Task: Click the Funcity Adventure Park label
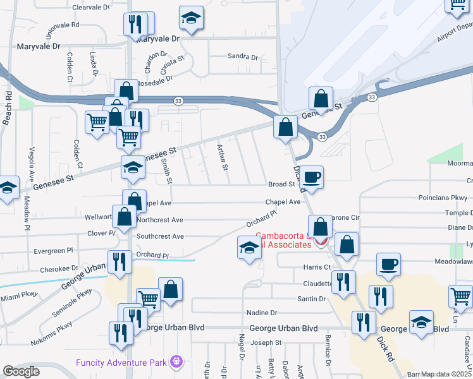point(121,362)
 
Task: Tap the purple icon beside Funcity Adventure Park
point(176,362)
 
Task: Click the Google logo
point(21,371)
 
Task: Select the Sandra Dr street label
point(243,57)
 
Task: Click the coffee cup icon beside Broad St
point(311,177)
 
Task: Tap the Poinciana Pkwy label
point(441,197)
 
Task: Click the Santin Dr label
point(312,298)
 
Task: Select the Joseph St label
point(266,343)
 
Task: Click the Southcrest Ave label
point(160,236)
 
